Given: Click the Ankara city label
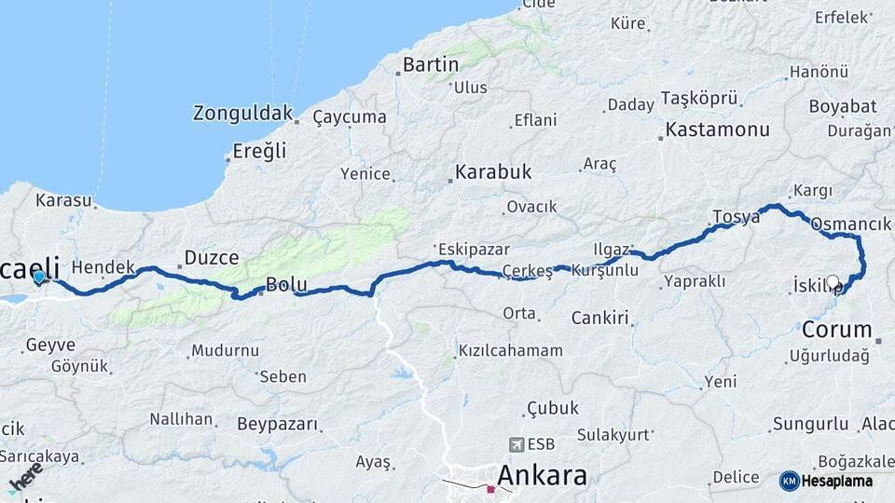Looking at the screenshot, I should (542, 476).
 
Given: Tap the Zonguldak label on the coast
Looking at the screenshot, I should (241, 114).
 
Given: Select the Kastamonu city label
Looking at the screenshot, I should (717, 129).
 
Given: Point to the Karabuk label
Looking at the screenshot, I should (492, 172).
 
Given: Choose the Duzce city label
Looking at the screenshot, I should (212, 257).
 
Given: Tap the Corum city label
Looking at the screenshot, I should (836, 330).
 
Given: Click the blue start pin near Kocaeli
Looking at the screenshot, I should (38, 277).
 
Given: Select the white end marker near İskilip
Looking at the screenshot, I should (833, 281).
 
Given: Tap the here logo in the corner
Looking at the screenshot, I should (25, 478).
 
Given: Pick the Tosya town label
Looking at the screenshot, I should (737, 216).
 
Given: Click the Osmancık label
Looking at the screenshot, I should (851, 224).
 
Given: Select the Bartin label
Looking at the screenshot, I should (430, 65).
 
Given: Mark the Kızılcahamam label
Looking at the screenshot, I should (510, 350).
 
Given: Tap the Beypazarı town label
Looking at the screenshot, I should (277, 424).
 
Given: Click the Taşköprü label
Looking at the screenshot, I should (699, 98).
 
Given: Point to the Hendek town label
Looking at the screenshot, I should (103, 266).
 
